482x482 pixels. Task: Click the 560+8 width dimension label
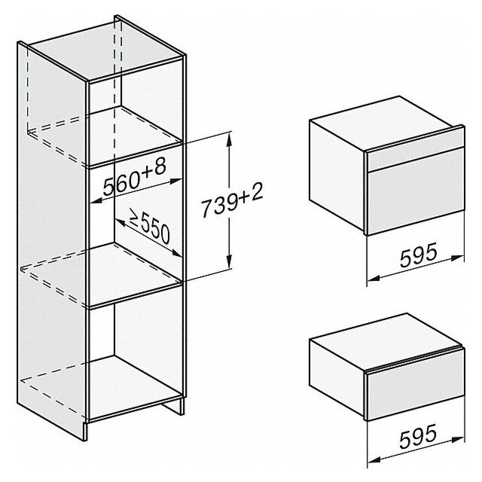coord(134,177)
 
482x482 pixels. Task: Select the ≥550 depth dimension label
coord(150,225)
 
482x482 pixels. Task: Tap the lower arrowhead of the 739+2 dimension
coord(229,261)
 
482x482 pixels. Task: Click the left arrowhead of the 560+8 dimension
coord(97,201)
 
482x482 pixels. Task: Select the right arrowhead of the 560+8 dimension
coord(175,182)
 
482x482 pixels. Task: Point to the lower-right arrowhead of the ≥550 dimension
coord(176,253)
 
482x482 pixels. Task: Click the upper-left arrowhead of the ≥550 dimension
coord(120,222)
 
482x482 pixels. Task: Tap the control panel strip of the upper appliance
coord(415,151)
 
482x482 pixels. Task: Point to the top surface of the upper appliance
coord(386,124)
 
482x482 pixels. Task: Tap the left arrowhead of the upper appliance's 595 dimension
coord(374,279)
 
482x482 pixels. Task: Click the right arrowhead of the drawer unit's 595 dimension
coord(457,440)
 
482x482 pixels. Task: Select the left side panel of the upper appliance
coord(337,175)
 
